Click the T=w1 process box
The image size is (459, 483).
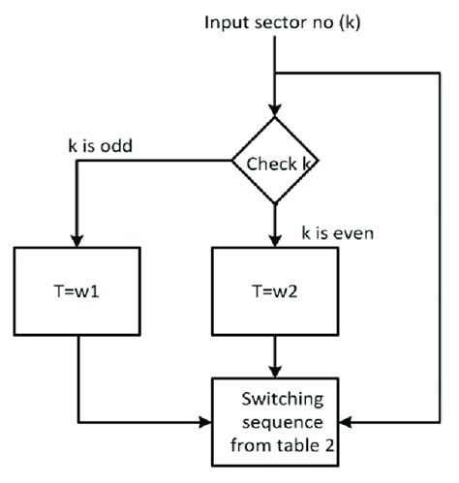pyautogui.click(x=76, y=288)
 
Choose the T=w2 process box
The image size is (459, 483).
pyautogui.click(x=276, y=288)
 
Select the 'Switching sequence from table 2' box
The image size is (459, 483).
pyautogui.click(x=276, y=422)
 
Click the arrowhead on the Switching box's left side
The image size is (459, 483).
pyautogui.click(x=205, y=422)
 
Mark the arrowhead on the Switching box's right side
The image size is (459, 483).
pyautogui.click(x=347, y=422)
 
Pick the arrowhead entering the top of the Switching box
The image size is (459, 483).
pyautogui.click(x=276, y=372)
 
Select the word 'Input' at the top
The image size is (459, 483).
pyautogui.click(x=224, y=21)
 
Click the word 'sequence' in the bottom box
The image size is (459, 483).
pyautogui.click(x=276, y=423)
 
